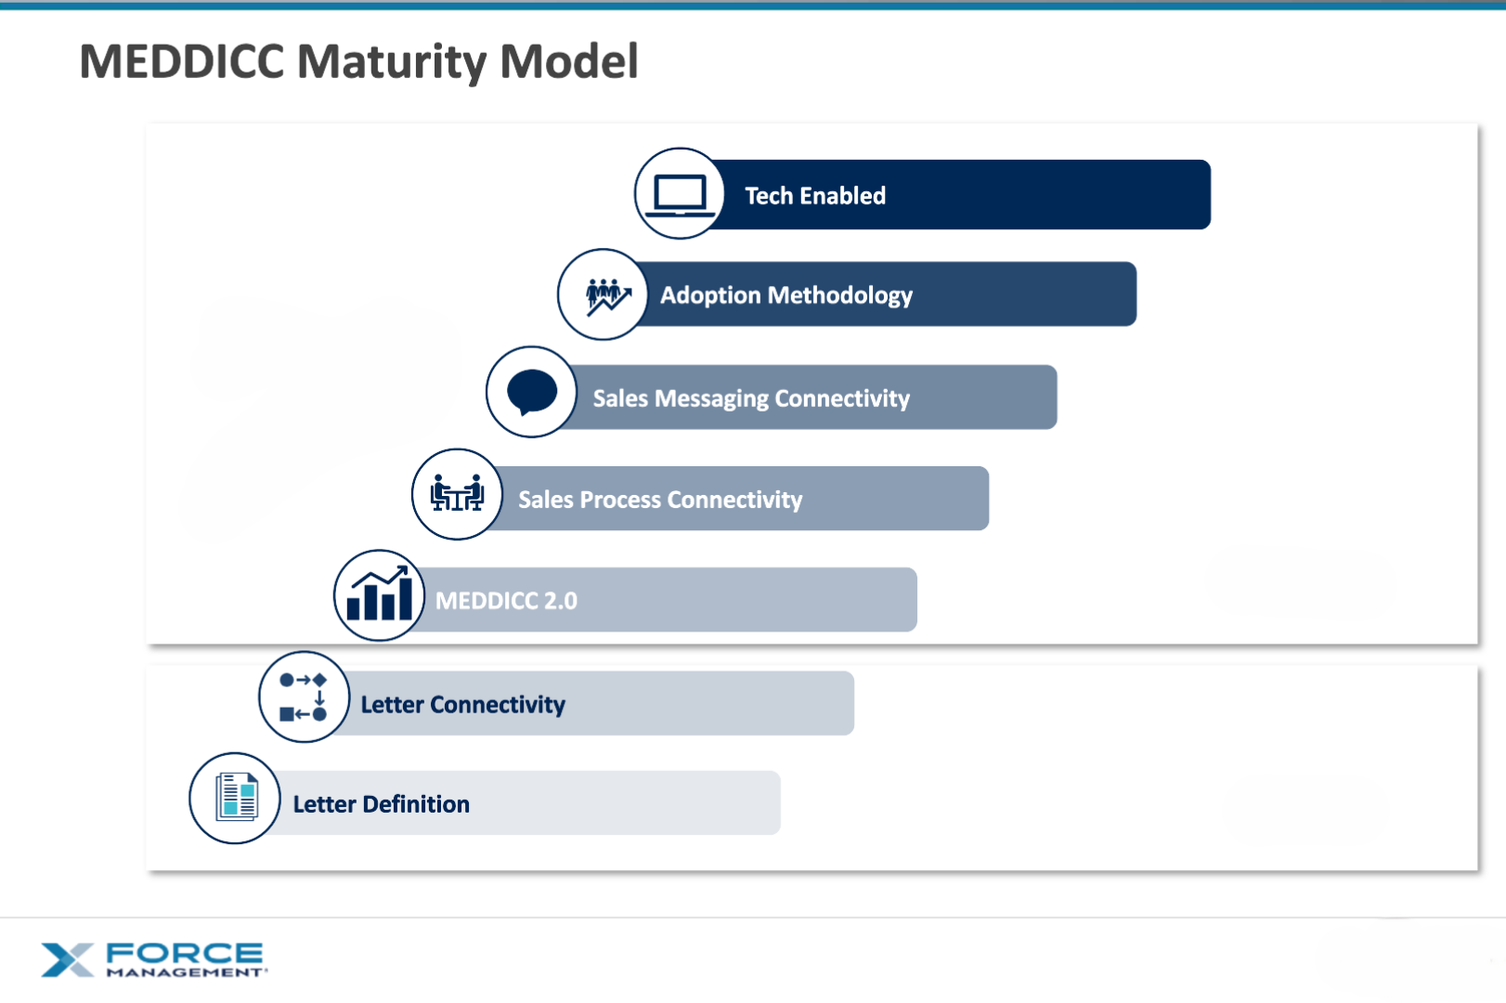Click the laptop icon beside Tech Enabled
pyautogui.click(x=680, y=194)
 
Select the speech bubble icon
pyautogui.click(x=532, y=392)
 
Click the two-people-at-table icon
pyautogui.click(x=457, y=494)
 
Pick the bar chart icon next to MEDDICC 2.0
pyautogui.click(x=379, y=595)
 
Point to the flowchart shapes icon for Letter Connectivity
pyautogui.click(x=304, y=697)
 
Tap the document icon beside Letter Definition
pyautogui.click(x=235, y=798)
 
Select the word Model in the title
pyautogui.click(x=568, y=62)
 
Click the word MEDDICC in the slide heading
pyautogui.click(x=182, y=62)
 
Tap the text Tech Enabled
pyautogui.click(x=814, y=196)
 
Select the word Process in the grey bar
pyautogui.click(x=620, y=500)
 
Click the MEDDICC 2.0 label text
pyautogui.click(x=506, y=601)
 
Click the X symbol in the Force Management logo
pyautogui.click(x=67, y=960)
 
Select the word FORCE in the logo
pyautogui.click(x=184, y=953)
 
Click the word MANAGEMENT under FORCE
pyautogui.click(x=185, y=972)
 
